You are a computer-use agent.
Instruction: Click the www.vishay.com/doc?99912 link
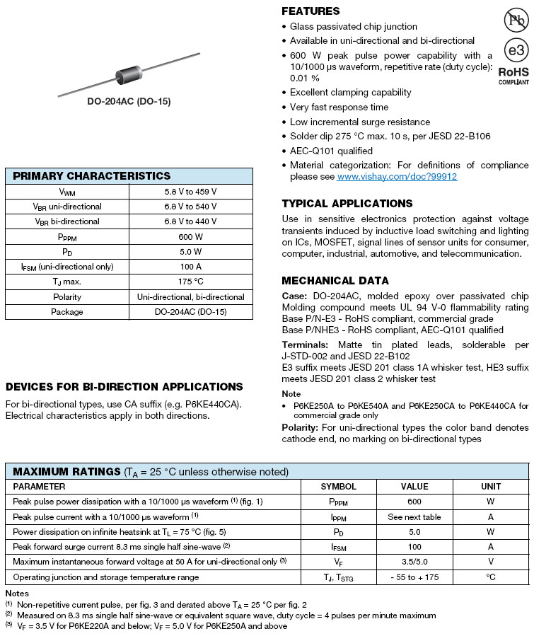[x=397, y=177]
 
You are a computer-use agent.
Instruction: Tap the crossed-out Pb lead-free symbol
[x=515, y=21]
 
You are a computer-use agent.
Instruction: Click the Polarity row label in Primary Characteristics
[x=67, y=297]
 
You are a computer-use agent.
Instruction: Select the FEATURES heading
[x=310, y=11]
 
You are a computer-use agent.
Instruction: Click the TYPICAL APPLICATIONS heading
[x=347, y=204]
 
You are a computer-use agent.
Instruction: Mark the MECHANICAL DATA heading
[x=335, y=281]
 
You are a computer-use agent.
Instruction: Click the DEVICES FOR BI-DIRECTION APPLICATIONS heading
[x=124, y=387]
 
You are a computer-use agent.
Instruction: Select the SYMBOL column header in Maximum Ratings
[x=339, y=487]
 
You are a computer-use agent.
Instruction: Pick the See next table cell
[x=414, y=517]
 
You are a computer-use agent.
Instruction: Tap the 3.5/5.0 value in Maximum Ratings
[x=414, y=562]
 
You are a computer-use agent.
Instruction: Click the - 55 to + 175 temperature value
[x=414, y=577]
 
